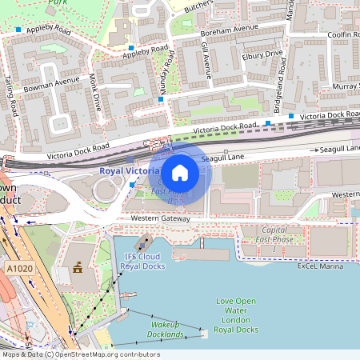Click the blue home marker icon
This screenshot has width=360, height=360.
180,172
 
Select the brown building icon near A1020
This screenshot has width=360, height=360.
78,268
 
